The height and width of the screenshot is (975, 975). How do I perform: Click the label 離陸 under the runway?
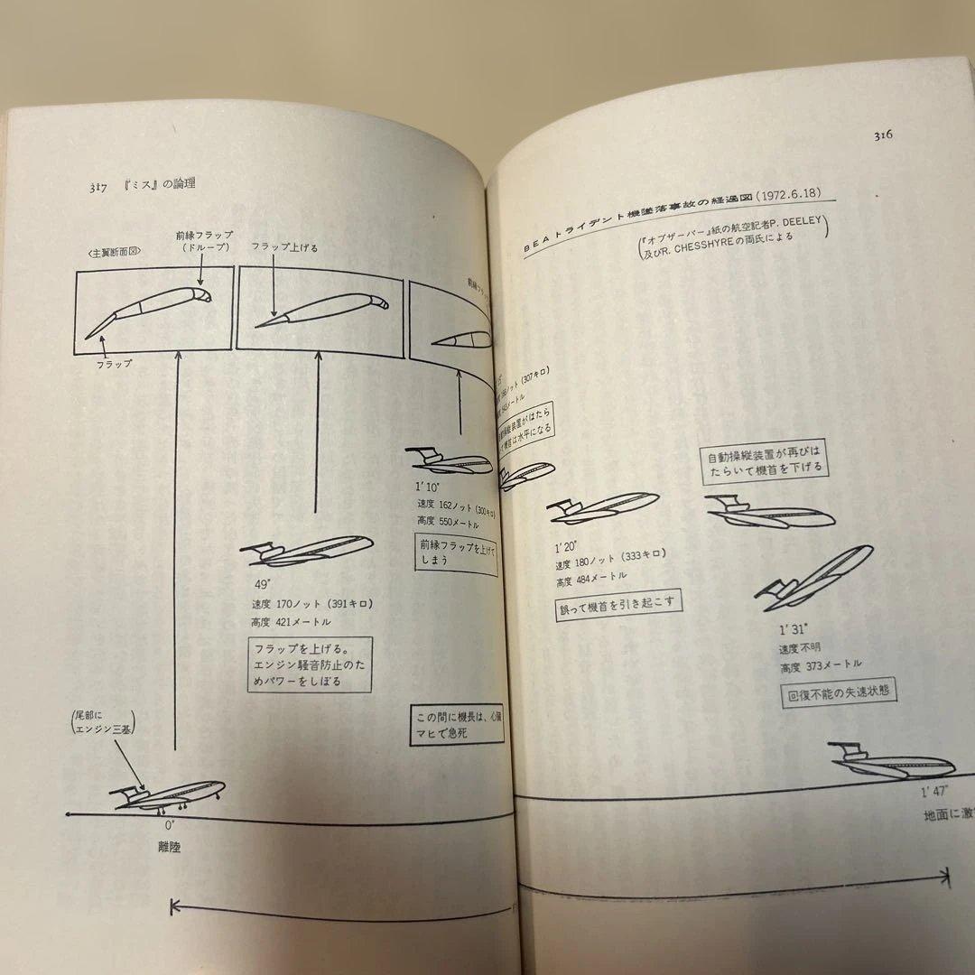169,848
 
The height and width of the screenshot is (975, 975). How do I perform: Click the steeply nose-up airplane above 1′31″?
814,576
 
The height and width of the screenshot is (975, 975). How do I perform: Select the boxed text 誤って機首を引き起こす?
617,602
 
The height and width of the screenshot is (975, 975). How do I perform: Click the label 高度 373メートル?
821,665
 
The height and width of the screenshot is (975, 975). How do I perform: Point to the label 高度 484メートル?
591,576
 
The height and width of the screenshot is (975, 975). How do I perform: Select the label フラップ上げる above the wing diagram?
283,247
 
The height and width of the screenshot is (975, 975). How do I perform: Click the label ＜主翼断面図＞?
113,253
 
